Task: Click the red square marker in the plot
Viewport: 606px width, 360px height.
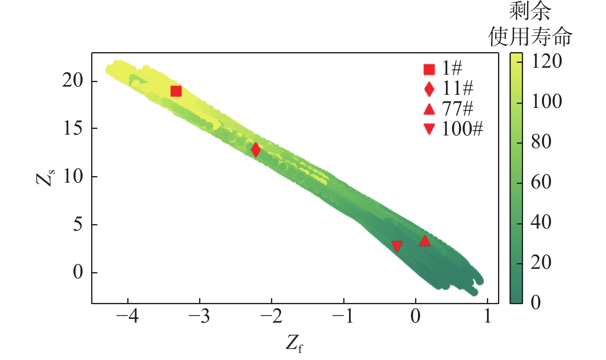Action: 176,91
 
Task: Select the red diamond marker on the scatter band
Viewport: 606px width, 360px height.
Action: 256,150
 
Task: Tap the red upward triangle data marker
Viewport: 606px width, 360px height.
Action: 425,241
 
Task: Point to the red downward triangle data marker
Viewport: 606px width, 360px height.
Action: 397,246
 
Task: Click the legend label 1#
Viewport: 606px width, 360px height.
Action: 452,68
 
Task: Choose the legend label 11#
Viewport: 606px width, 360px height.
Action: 457,88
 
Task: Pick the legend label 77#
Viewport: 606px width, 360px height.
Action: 457,109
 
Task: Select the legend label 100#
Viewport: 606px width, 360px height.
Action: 462,129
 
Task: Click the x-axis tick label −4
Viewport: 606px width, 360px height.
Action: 128,316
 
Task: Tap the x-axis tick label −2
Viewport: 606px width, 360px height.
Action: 272,316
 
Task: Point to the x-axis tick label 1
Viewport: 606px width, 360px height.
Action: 487,316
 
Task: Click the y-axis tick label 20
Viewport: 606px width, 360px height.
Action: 73,81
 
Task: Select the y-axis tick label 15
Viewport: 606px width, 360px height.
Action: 73,129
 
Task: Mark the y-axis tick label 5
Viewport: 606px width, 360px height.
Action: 78,225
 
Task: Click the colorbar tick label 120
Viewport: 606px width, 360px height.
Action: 546,62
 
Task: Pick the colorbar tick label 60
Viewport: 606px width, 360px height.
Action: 541,182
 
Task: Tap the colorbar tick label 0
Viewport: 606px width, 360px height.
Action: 536,303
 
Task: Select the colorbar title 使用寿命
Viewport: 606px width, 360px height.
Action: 530,37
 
